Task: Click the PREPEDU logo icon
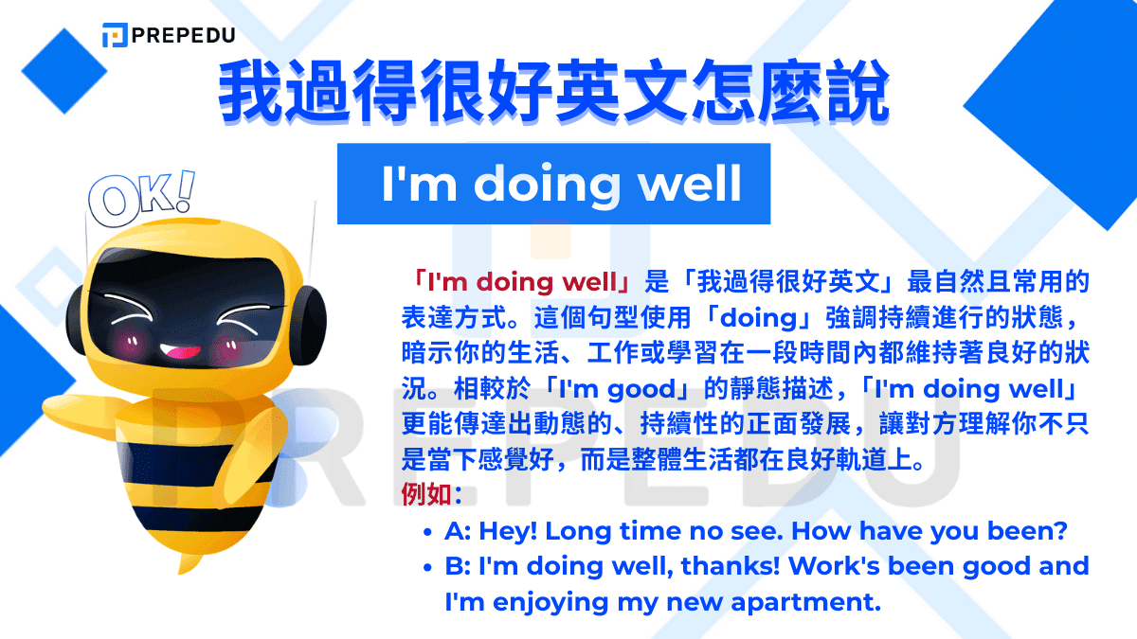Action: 115,35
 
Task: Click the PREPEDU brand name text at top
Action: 184,36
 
